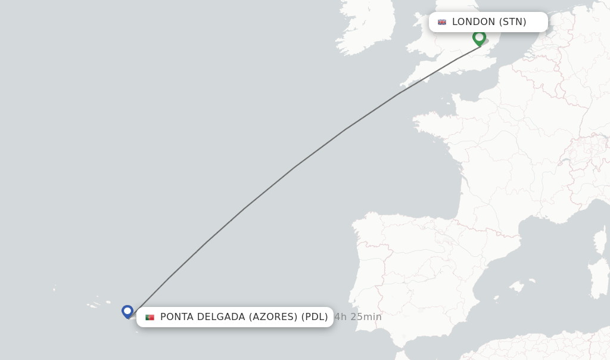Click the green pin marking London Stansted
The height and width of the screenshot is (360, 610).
[x=479, y=38]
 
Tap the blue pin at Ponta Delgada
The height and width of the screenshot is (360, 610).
[x=127, y=311]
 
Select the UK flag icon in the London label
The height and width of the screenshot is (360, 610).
[x=442, y=22]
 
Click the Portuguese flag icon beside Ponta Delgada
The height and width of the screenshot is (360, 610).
[x=150, y=317]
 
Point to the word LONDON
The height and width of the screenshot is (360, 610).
[x=474, y=22]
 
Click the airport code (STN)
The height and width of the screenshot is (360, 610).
[x=512, y=22]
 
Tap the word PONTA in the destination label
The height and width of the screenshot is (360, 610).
[x=177, y=317]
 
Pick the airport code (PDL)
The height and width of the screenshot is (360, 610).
[x=315, y=317]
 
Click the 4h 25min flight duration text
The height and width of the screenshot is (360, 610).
[x=358, y=317]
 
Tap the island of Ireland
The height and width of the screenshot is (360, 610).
[x=366, y=30]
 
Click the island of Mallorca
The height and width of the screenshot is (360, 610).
[x=517, y=288]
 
